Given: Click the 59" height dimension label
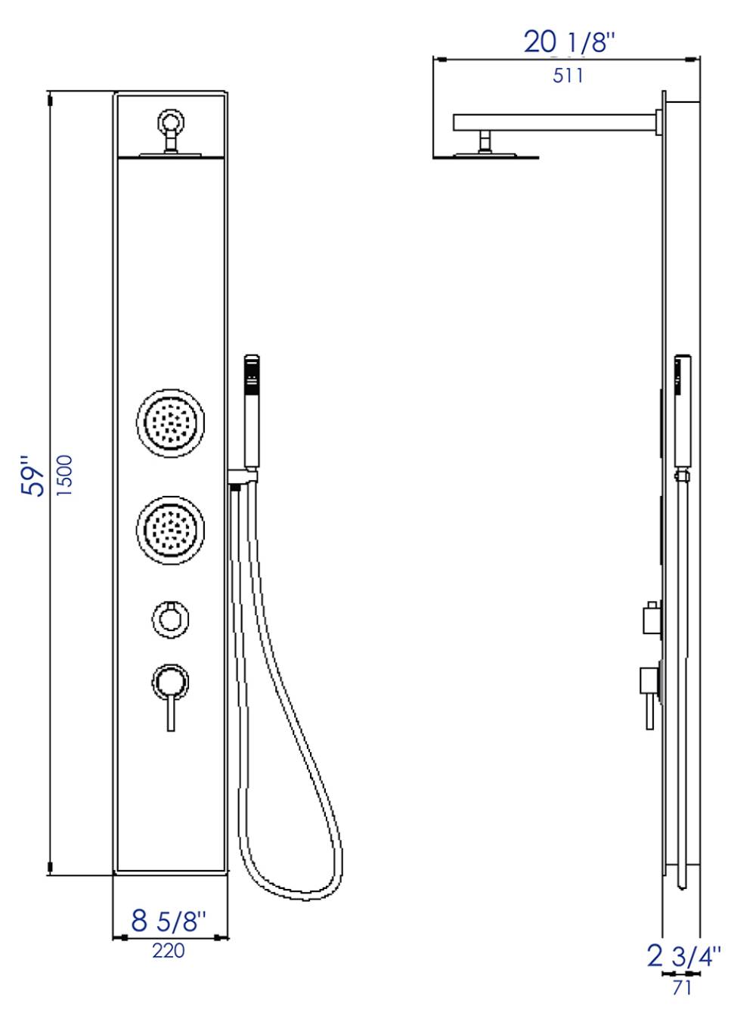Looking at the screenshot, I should coord(34,475).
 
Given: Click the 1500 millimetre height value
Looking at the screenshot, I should coord(66,475).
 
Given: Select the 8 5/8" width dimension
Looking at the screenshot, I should coord(168,921).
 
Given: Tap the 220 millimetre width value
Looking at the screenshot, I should coord(168,950).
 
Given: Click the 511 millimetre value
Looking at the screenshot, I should coord(568,76).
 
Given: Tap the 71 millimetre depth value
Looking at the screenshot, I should coord(681,987).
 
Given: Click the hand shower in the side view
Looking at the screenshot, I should coord(683,412).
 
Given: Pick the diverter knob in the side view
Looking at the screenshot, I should coord(651,619).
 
